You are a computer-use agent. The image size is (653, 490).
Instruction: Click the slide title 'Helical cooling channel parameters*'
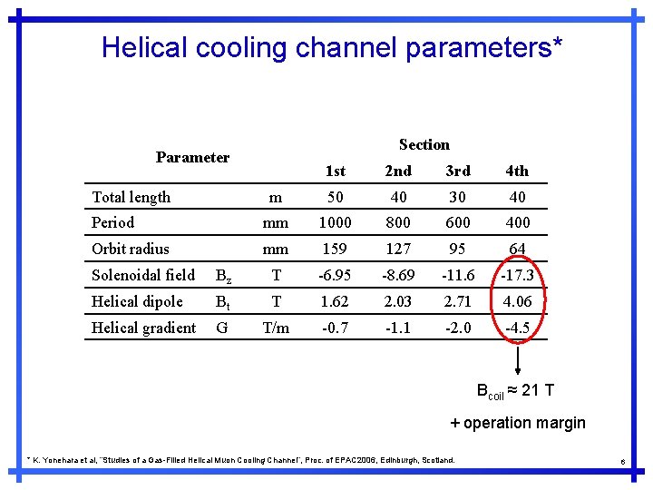(x=332, y=47)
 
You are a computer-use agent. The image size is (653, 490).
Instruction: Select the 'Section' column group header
(x=424, y=144)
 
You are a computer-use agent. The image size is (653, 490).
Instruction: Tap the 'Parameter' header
(x=192, y=157)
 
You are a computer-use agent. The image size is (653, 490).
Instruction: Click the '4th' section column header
(x=516, y=171)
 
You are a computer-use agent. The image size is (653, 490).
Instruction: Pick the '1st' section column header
(x=335, y=171)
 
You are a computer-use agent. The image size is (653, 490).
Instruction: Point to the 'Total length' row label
(x=131, y=197)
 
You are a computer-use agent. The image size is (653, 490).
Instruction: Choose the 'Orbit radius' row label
(x=130, y=249)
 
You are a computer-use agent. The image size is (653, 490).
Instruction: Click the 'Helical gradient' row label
(x=143, y=328)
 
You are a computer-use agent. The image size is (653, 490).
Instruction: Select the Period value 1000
(x=335, y=222)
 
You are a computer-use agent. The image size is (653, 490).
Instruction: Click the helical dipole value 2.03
(x=397, y=301)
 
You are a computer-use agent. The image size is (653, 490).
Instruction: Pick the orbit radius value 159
(x=335, y=249)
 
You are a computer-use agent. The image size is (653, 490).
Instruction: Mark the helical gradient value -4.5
(x=517, y=328)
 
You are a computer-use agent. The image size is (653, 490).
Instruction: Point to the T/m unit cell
(x=276, y=328)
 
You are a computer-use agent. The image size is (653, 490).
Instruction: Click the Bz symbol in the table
(x=224, y=276)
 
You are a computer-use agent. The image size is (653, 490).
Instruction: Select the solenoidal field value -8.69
(x=397, y=275)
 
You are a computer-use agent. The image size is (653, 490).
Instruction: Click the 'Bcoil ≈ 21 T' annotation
(x=515, y=391)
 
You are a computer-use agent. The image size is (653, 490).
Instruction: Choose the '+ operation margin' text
(x=518, y=423)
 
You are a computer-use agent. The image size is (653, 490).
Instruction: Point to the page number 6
(x=623, y=463)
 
